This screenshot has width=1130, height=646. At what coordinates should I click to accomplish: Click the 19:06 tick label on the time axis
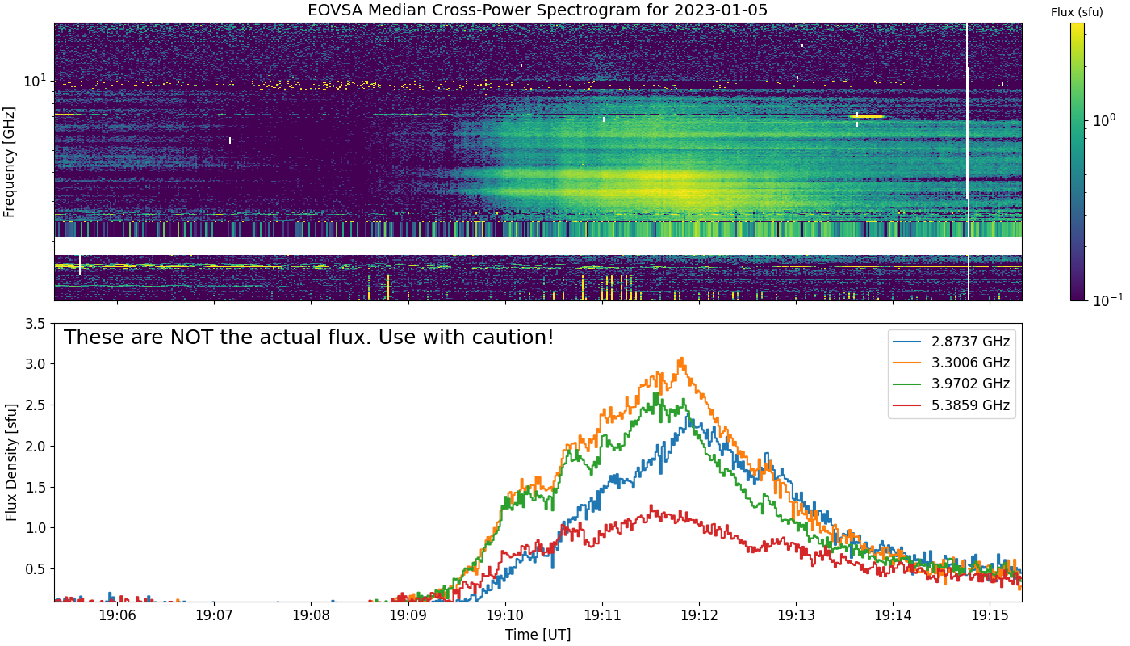click(118, 615)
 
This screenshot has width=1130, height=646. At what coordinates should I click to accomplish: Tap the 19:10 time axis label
click(505, 615)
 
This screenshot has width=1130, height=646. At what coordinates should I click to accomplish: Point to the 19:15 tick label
click(990, 615)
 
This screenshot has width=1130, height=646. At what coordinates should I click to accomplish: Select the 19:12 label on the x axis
click(699, 615)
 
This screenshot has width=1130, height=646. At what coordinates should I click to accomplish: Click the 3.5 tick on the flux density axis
click(36, 324)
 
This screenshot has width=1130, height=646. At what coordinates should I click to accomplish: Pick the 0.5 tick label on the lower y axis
click(36, 569)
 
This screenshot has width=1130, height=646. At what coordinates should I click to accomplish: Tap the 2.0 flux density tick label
click(36, 446)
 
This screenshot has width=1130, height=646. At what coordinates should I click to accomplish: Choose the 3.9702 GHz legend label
click(970, 384)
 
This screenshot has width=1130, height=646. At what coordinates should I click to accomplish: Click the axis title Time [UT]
click(538, 635)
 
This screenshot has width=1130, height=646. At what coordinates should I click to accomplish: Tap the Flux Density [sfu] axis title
click(11, 462)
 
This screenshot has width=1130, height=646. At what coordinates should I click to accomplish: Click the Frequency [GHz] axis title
click(9, 162)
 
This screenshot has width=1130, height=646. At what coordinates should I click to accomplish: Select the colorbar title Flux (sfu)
click(1077, 13)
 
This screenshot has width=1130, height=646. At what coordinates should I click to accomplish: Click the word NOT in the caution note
click(191, 338)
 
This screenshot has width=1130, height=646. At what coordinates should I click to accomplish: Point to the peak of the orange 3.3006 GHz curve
click(682, 359)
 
